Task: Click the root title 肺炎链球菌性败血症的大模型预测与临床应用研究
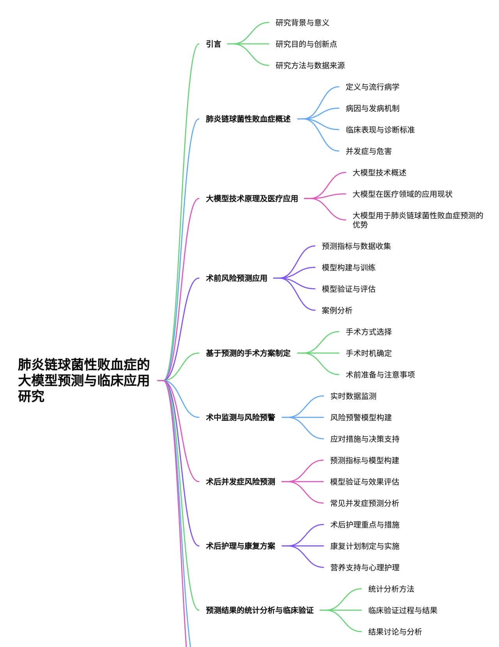[x=84, y=380]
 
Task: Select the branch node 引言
[x=213, y=44]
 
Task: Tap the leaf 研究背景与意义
[x=302, y=23]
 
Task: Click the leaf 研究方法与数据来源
[x=310, y=65]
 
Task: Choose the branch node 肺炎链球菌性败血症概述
[x=248, y=119]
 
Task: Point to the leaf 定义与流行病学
[x=372, y=87]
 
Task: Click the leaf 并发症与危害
[x=368, y=151]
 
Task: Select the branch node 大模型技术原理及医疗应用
[x=252, y=199]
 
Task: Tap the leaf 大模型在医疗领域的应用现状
[x=402, y=194]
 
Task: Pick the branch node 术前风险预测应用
[x=236, y=278]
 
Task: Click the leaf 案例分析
[x=337, y=310]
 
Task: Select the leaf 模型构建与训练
[x=349, y=267]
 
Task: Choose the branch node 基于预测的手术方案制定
[x=248, y=353]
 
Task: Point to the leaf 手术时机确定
[x=368, y=353]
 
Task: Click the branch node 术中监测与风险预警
[x=240, y=417]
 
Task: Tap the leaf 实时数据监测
[x=353, y=396]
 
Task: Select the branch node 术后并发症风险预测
[x=240, y=482]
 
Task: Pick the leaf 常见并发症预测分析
[x=365, y=503]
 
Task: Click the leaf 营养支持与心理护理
[x=365, y=567]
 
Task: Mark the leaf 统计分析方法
[x=391, y=589]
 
